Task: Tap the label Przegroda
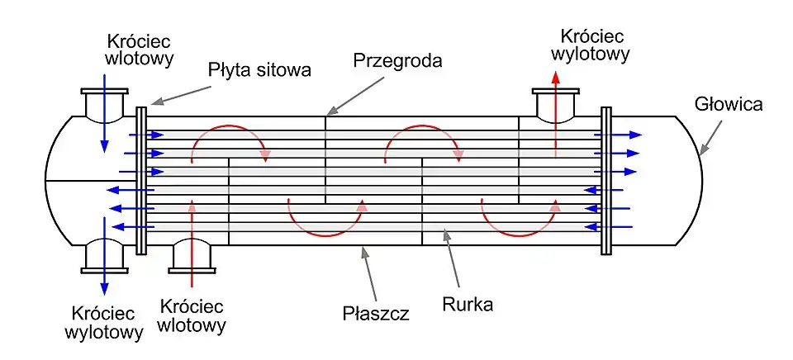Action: point(397,60)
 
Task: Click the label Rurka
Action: point(468,304)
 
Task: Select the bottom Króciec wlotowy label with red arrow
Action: point(193,315)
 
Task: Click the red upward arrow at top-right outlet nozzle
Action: point(555,107)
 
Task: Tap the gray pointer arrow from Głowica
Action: point(710,137)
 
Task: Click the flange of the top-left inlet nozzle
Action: point(104,92)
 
